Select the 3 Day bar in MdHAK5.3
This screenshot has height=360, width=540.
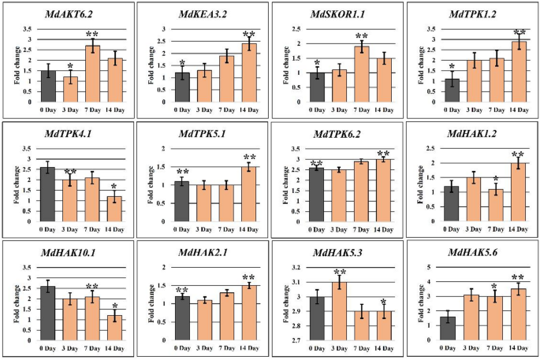coord(339,311)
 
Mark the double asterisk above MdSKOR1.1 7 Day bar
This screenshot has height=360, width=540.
coord(362,37)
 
